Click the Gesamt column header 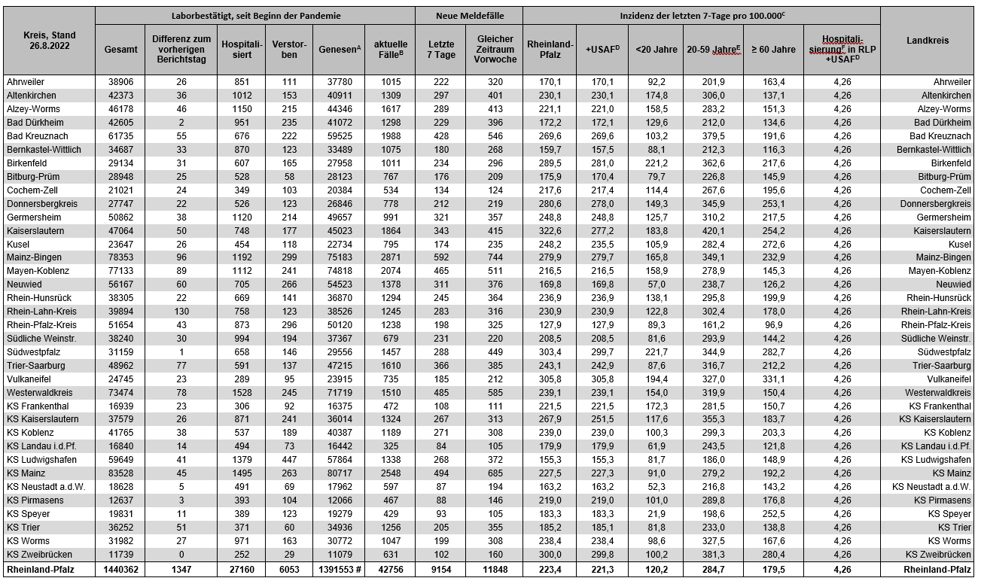click(121, 50)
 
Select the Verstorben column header click(289, 50)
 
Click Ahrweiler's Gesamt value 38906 click(121, 82)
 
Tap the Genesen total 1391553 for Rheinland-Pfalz click(337, 570)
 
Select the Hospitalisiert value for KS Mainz click(242, 473)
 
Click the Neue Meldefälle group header click(469, 15)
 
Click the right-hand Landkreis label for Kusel click(955, 244)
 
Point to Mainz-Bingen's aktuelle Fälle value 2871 click(389, 257)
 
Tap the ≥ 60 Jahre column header click(772, 50)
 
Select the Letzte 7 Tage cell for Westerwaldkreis click(440, 393)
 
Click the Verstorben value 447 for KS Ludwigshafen click(289, 459)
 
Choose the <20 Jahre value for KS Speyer click(656, 513)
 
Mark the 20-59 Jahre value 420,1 click(712, 230)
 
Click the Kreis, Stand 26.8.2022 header click(49, 41)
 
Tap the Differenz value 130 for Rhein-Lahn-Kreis click(181, 312)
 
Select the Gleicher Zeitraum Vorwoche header click(495, 50)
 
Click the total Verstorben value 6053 click(289, 570)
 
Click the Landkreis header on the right click(928, 41)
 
